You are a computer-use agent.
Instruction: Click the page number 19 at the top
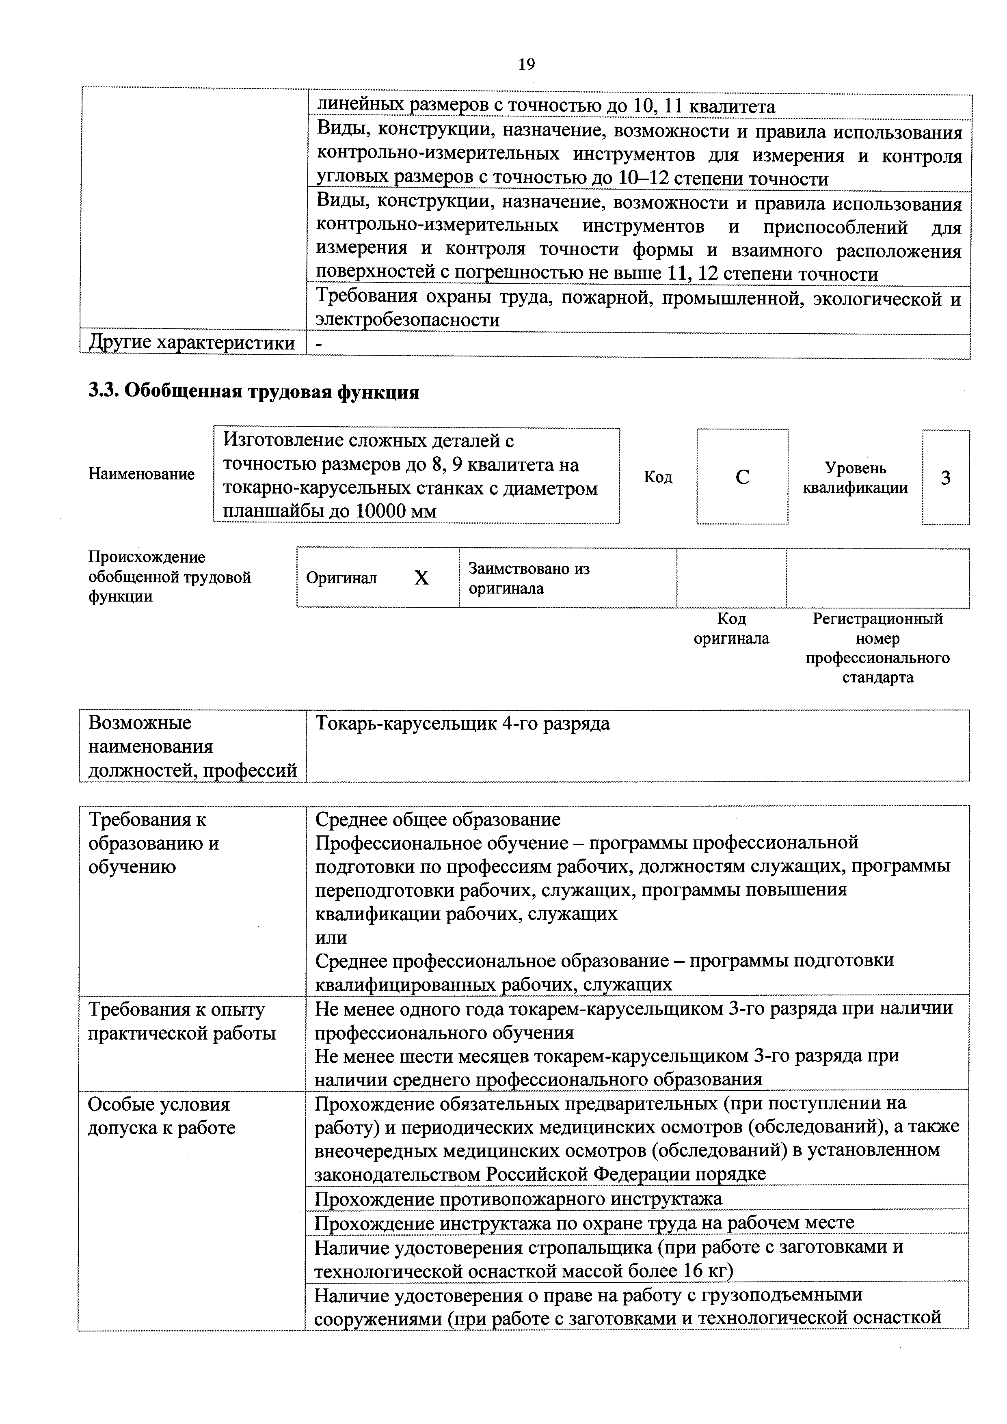[x=526, y=65]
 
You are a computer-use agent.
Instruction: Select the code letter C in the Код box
[x=742, y=477]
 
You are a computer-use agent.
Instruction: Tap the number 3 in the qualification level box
[x=946, y=477]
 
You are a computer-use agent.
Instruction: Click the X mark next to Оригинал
[x=421, y=578]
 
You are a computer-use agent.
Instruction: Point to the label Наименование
[x=141, y=475]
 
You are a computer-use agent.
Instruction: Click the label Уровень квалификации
[x=855, y=477]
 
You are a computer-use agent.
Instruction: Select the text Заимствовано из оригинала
[x=529, y=578]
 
